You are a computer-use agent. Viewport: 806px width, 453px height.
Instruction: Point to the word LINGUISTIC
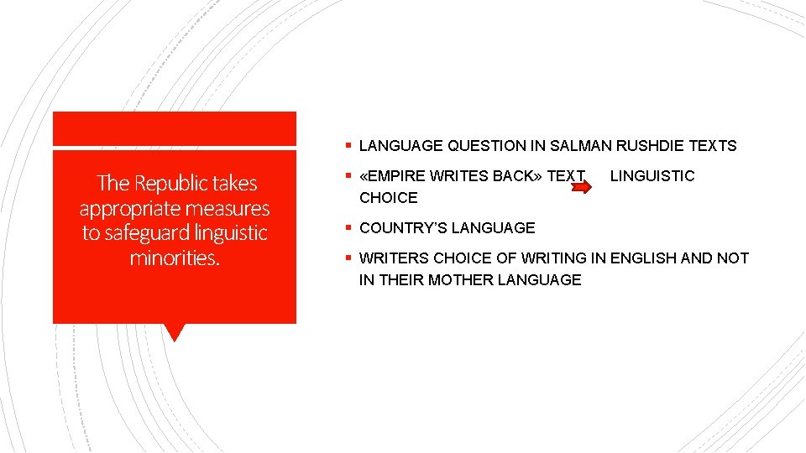point(652,176)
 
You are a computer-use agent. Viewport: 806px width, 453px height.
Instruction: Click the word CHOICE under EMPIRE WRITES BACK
point(388,198)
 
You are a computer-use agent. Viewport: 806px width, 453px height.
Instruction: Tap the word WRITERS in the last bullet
point(394,258)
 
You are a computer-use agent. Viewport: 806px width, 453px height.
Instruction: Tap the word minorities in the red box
point(175,258)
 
